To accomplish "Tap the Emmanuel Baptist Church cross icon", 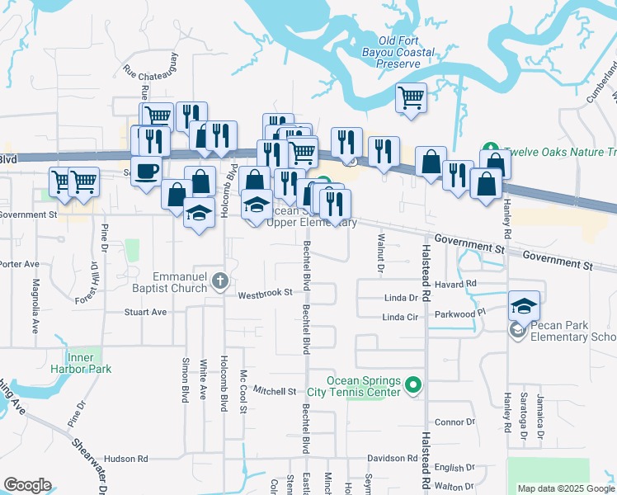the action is pyautogui.click(x=219, y=281).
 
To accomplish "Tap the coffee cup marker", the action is pyautogui.click(x=147, y=172).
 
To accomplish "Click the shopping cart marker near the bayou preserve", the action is pyautogui.click(x=411, y=98).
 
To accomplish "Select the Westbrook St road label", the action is pyautogui.click(x=266, y=293).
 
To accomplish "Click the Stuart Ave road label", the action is pyautogui.click(x=145, y=312).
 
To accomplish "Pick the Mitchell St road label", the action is pyautogui.click(x=274, y=390).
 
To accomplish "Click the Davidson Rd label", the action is pyautogui.click(x=392, y=458).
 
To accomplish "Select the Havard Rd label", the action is pyautogui.click(x=459, y=284).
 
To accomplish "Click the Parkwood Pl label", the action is pyautogui.click(x=459, y=314).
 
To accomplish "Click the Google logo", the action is pyautogui.click(x=28, y=485).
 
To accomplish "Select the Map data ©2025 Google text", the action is pyautogui.click(x=565, y=488).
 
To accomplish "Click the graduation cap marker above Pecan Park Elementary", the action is pyautogui.click(x=524, y=306).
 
